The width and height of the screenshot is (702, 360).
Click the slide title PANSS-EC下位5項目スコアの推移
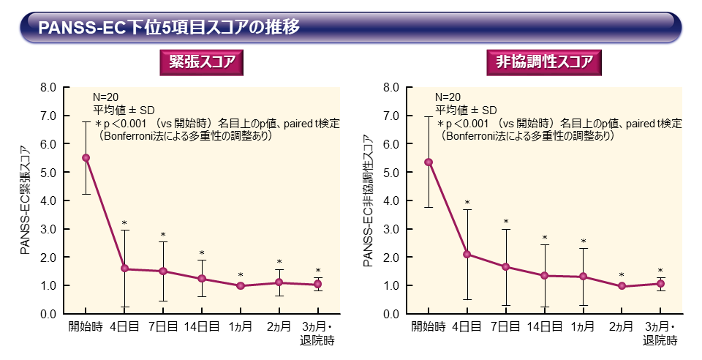169,28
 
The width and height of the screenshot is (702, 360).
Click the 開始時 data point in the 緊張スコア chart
86,157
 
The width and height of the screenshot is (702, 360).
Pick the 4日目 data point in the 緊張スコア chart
125,269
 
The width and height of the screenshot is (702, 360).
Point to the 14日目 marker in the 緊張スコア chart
202,279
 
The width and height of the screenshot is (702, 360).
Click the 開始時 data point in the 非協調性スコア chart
429,162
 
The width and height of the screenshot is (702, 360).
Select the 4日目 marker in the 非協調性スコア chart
467,255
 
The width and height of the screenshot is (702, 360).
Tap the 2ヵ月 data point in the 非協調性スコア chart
622,286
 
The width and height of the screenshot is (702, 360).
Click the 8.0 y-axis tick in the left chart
48,87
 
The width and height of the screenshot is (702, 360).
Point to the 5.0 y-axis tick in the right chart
391,172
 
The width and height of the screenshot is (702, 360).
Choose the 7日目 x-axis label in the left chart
163,326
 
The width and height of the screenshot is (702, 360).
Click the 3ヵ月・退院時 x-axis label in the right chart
660,333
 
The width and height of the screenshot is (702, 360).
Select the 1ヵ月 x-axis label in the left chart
241,326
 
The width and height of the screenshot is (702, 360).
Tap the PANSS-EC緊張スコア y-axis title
25,200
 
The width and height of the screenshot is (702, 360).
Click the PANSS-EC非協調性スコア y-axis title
367,200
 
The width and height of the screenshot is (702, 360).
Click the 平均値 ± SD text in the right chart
466,110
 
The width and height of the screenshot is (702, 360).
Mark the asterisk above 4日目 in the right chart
467,203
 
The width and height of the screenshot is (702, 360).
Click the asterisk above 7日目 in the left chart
163,235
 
